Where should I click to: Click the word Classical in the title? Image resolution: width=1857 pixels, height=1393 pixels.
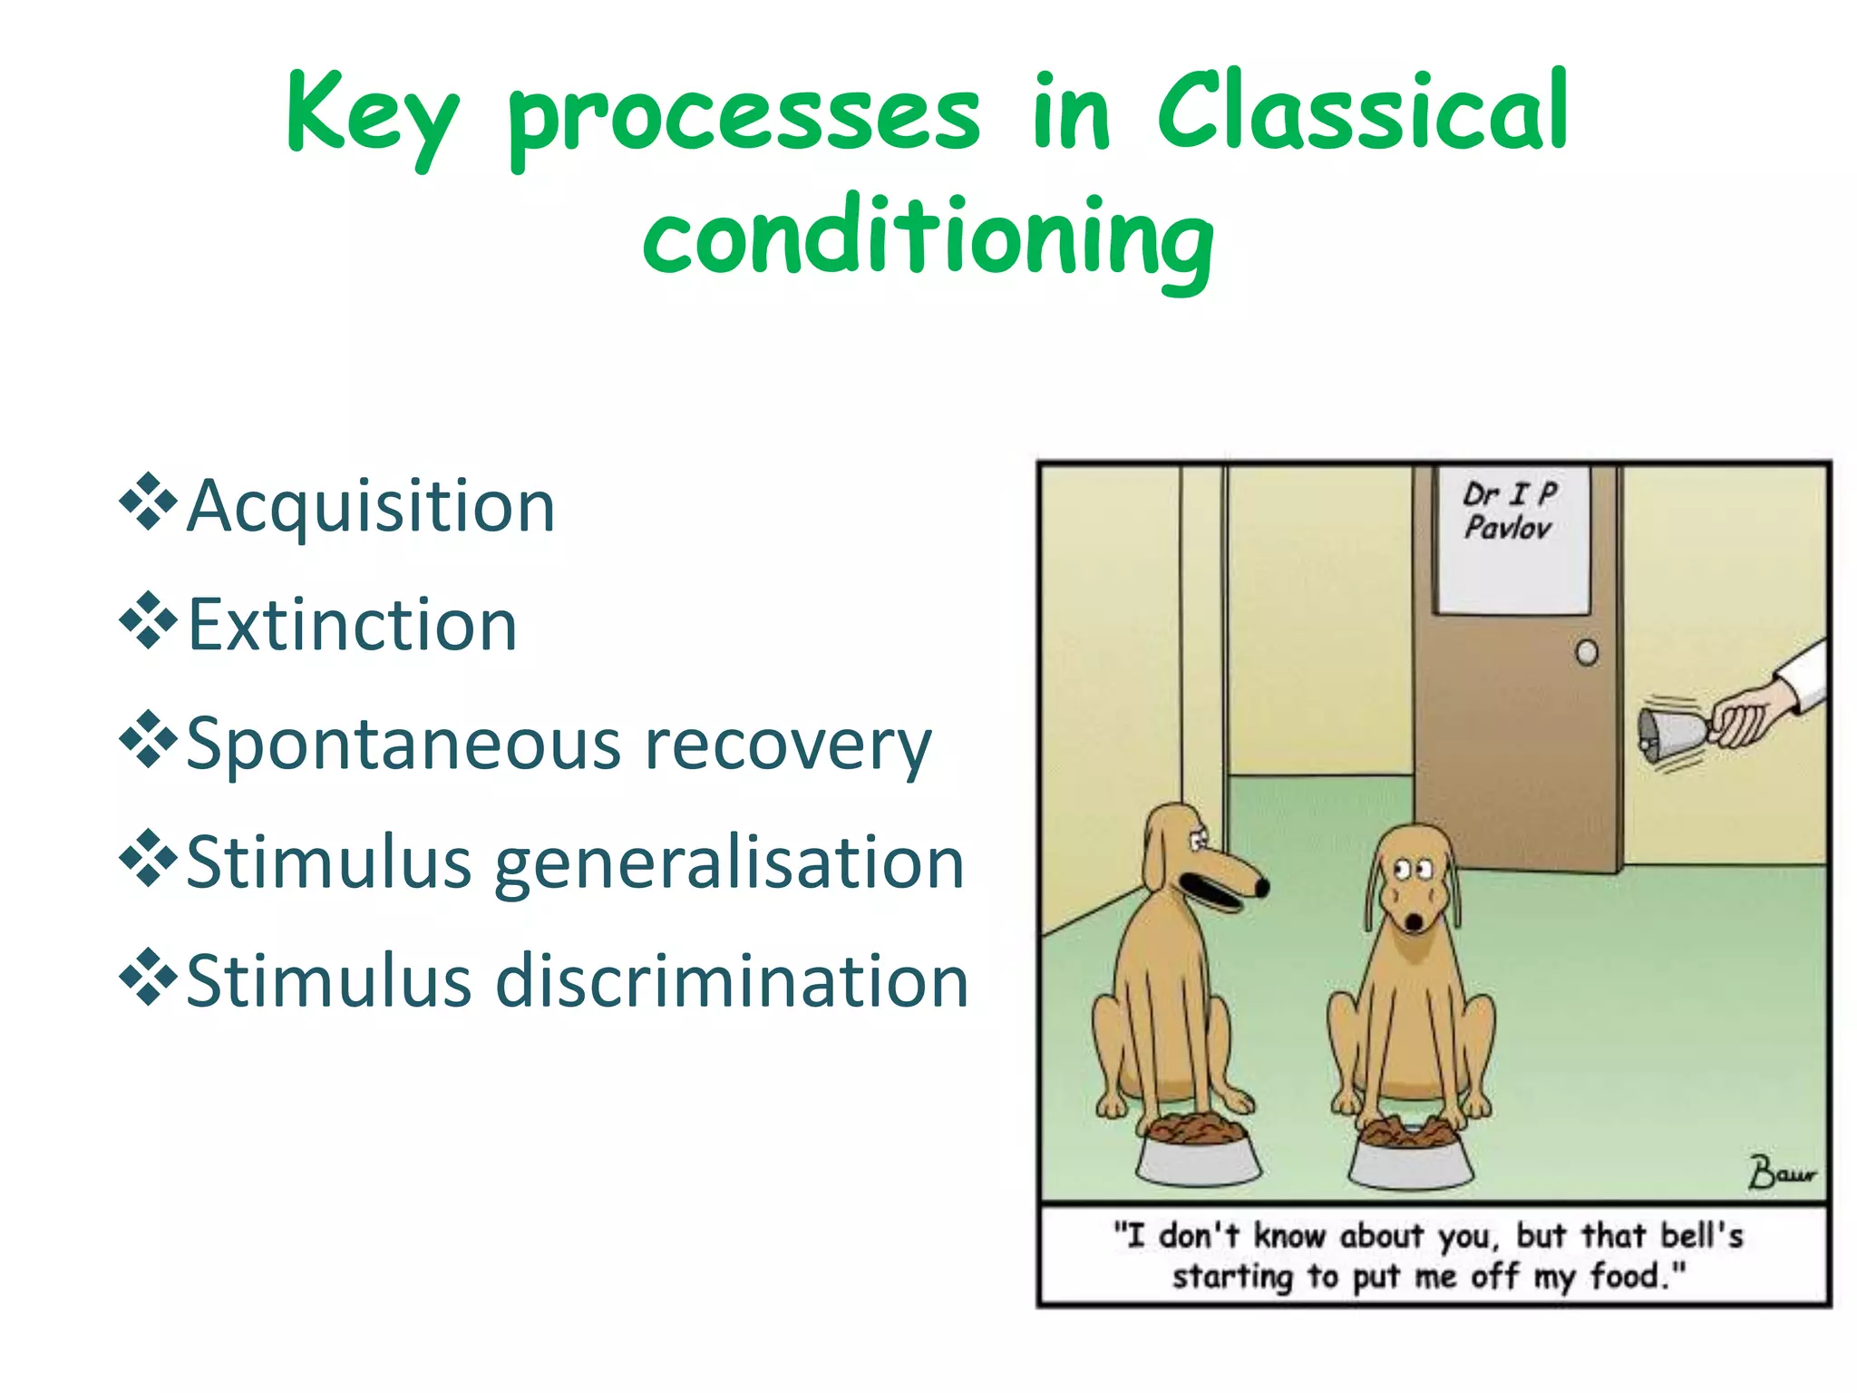pos(1362,113)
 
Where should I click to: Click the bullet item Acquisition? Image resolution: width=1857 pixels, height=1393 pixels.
pos(370,506)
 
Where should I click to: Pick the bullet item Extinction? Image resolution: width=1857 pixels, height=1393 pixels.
pos(352,625)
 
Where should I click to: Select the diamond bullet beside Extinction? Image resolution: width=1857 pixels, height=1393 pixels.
pos(148,620)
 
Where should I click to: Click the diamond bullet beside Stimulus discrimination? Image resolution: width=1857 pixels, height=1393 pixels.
pos(148,978)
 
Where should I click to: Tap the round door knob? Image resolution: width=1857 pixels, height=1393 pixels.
pos(1587,652)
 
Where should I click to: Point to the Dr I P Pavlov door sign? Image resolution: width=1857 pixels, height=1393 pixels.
pos(1512,539)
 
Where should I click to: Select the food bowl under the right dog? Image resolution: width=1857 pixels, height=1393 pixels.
pos(1409,1156)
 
